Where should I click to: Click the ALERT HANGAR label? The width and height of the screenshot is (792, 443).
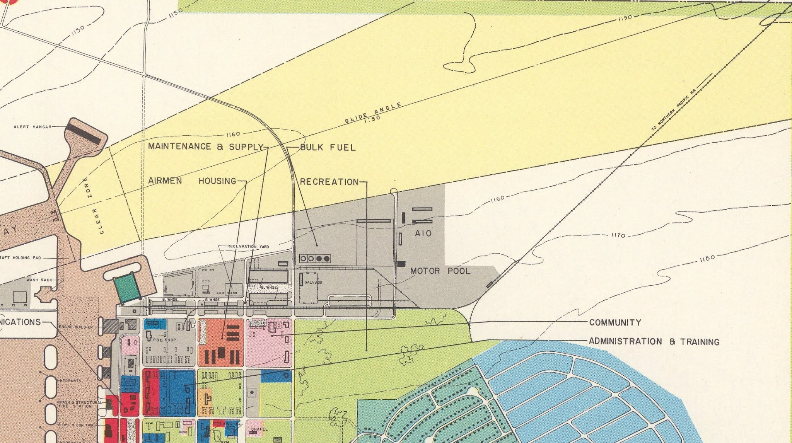point(32,127)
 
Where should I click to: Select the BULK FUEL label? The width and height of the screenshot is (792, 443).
point(328,147)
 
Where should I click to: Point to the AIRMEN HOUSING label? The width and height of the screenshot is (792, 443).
point(192,181)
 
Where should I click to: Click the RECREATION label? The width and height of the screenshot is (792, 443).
point(329,182)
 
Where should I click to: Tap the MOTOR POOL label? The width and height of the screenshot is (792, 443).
point(440,271)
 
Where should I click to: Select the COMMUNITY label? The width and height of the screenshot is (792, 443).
point(615,322)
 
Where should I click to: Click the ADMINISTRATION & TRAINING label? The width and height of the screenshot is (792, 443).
point(654,342)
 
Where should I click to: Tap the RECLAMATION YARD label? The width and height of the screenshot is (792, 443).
point(248,246)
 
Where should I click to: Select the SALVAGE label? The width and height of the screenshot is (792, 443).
point(313,283)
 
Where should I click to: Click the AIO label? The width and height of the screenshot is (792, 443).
point(423,233)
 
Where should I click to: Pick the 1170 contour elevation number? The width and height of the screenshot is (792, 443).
point(618,235)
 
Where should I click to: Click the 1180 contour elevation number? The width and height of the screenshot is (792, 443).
point(707,259)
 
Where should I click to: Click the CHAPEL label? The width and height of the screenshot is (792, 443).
point(259,429)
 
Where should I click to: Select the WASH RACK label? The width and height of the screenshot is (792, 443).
point(39,280)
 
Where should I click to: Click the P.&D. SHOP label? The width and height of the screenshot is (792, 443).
point(164,340)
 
